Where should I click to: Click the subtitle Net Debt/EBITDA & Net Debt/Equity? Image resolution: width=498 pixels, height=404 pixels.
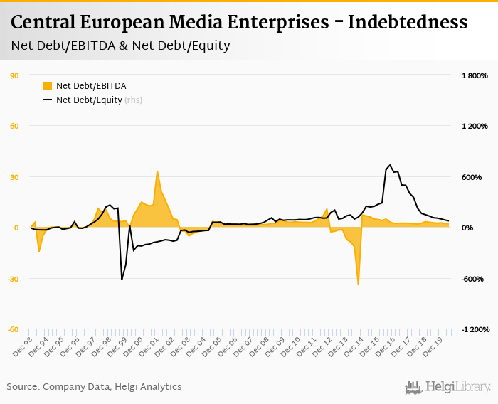tap(121, 46)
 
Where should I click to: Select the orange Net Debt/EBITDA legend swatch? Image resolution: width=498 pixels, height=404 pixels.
tap(48, 86)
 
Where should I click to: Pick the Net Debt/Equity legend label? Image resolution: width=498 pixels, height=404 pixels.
tap(90, 100)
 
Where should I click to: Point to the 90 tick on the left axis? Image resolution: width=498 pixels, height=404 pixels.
tap(14, 75)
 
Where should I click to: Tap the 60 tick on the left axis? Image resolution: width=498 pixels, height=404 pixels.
tap(14, 126)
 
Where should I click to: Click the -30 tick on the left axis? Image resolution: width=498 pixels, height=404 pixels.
tap(14, 279)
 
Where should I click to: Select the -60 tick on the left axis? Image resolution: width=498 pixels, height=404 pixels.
tap(14, 329)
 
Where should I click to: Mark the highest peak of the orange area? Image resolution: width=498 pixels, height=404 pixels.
tap(157, 171)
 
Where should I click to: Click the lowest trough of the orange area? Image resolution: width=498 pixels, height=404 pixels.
tap(358, 285)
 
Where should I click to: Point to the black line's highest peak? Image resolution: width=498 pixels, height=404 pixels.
tap(390, 165)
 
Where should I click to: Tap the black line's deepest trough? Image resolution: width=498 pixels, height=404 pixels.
tap(122, 279)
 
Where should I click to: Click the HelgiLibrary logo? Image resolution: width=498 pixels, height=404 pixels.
tap(448, 387)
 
